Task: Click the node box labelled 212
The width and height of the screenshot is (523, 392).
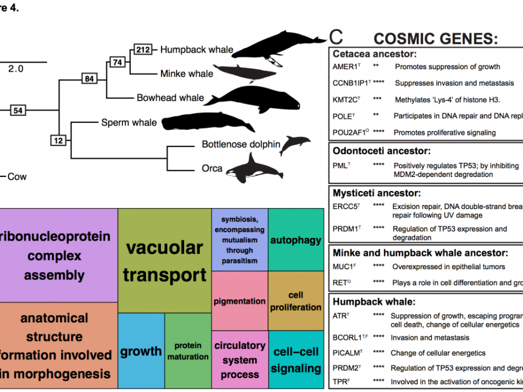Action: tap(143, 50)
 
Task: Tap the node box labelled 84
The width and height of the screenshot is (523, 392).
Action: tap(89, 79)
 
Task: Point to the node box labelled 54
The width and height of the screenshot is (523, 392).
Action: tap(18, 110)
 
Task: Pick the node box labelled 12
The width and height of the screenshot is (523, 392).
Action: tap(58, 140)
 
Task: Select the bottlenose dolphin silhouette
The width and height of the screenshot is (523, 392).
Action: tap(294, 144)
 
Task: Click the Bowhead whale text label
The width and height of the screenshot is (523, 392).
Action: tap(170, 98)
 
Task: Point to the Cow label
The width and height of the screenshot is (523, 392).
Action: tap(17, 176)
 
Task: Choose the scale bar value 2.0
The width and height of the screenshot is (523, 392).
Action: tap(16, 69)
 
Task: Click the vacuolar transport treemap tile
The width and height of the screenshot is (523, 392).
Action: tap(164, 261)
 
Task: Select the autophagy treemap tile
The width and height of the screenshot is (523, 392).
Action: tap(296, 240)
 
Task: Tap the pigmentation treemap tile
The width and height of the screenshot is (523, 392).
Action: tap(240, 301)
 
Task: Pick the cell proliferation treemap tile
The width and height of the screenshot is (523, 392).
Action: tap(296, 301)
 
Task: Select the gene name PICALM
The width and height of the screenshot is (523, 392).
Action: tap(348, 353)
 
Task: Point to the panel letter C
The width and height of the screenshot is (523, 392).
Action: tap(336, 36)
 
